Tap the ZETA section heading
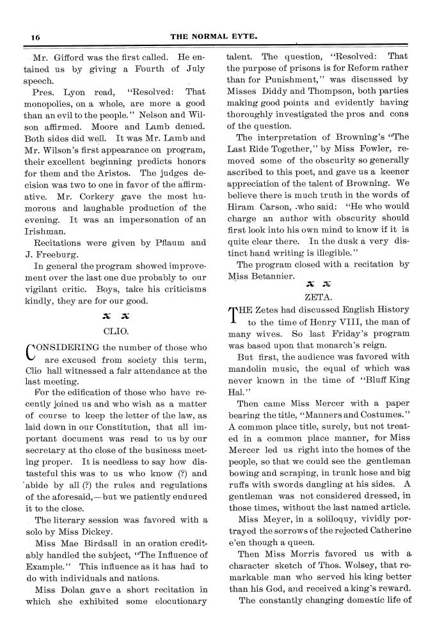click(x=318, y=296)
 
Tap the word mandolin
click(x=252, y=369)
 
